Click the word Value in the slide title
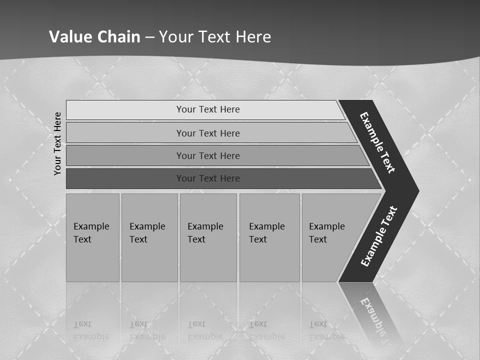coord(69,36)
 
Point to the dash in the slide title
coord(149,37)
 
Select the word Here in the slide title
coord(253,36)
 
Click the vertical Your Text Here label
coord(57,143)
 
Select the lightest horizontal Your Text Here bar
coord(207,109)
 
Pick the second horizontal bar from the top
coord(207,133)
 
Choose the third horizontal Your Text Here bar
coord(207,155)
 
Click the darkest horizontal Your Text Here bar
coord(207,178)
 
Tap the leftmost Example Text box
coord(92,237)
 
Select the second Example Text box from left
coord(149,237)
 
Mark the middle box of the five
coord(208,237)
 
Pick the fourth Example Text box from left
coord(269,237)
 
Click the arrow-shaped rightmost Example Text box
coord(330,237)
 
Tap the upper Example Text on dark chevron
coord(377,142)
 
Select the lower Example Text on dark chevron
coord(378,236)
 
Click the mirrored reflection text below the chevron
coord(372,317)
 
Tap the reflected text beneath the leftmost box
coord(90,330)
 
